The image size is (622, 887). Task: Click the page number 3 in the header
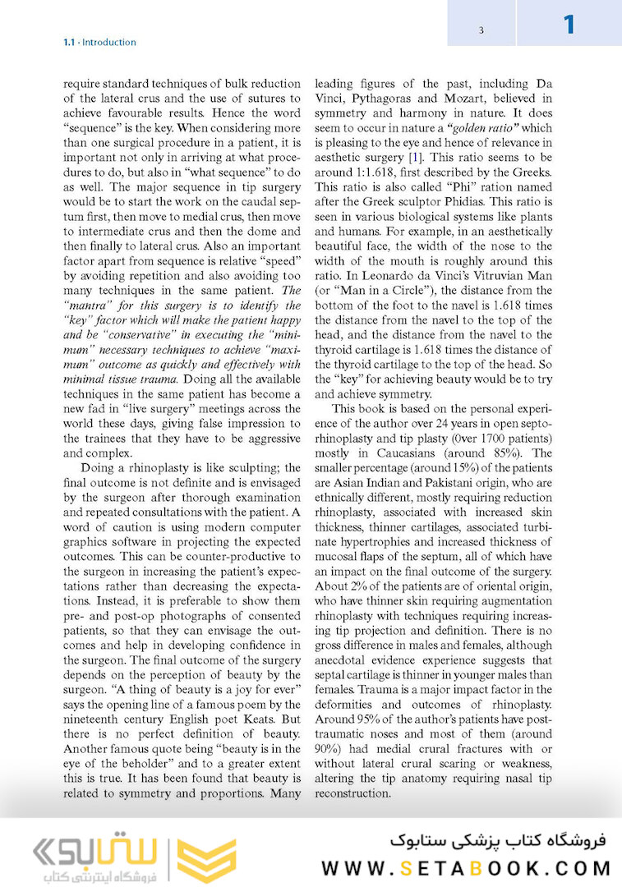(481, 30)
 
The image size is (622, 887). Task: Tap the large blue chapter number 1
(569, 25)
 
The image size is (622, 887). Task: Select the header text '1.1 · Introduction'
(99, 42)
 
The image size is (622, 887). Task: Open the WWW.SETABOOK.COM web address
(466, 868)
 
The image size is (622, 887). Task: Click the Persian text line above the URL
(498, 840)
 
